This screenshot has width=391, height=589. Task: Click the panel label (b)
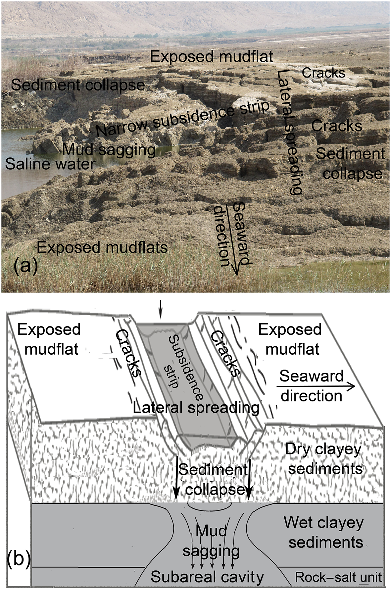coord(19,558)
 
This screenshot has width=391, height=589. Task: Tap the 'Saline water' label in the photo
coord(50,164)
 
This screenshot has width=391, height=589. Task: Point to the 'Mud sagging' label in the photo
coord(109,150)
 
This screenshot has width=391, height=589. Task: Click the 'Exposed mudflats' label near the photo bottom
coord(102,248)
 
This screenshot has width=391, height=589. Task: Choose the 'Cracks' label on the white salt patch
coord(323,73)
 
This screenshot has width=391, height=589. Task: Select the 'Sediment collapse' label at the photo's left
coord(78,85)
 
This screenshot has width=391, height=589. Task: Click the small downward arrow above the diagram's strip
coord(160,310)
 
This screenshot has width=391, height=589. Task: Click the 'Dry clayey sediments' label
coord(324,459)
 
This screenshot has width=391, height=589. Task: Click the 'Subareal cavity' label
coord(207,577)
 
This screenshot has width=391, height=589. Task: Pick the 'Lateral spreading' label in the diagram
coord(196,408)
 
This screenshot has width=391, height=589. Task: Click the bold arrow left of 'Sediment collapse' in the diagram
coord(176,477)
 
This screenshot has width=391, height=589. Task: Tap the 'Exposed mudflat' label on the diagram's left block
coord(50,339)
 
